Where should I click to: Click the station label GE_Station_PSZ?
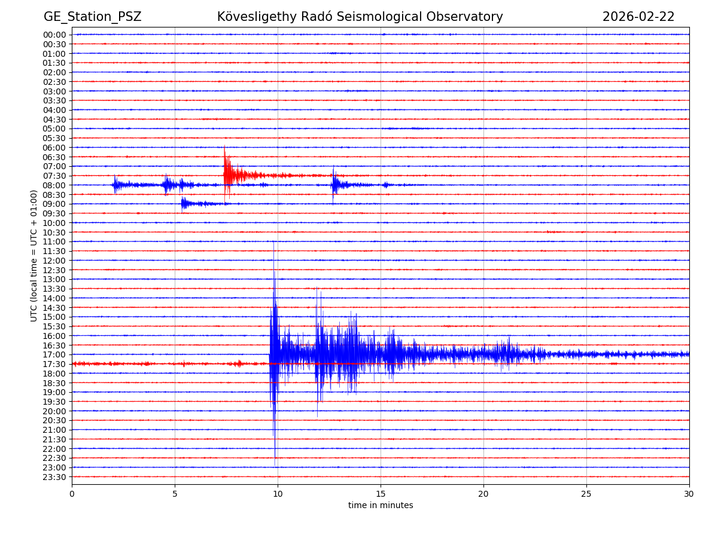point(92,17)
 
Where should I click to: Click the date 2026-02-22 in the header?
point(638,17)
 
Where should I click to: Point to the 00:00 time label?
point(54,35)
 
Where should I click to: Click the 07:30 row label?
point(54,176)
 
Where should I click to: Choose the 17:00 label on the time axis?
point(54,354)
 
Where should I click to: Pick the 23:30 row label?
point(54,477)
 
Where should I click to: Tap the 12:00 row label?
point(54,261)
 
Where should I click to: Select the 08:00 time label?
point(54,185)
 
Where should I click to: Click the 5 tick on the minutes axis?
point(175,494)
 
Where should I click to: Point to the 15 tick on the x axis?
point(381,494)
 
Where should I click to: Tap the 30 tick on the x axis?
point(689,494)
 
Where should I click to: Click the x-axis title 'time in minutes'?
point(381,506)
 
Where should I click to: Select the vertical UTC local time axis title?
point(35,255)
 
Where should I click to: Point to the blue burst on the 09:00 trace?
point(185,204)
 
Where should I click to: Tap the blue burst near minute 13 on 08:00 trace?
point(335,184)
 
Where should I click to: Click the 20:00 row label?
point(54,411)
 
